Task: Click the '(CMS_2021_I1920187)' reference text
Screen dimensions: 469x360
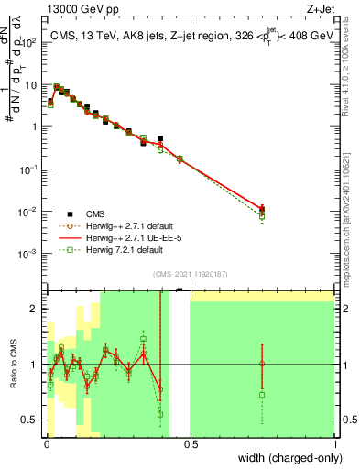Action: [x=190, y=273]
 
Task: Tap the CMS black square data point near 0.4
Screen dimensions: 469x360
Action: [x=160, y=139]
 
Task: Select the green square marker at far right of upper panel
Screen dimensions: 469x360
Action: [x=262, y=217]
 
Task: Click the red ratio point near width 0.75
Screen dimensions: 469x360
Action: [x=262, y=364]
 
